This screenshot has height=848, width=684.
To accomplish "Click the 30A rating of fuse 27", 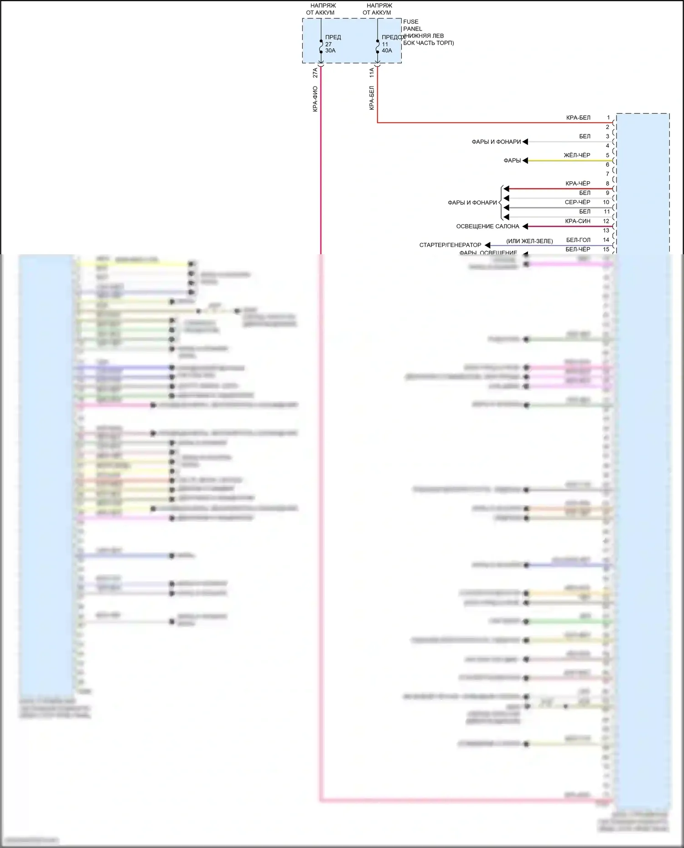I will click(330, 51).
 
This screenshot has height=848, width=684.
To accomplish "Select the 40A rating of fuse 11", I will click(387, 51).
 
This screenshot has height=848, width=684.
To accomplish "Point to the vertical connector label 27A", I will click(315, 73).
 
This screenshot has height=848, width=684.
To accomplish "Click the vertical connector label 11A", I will click(372, 73).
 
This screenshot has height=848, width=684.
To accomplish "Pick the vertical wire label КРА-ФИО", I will click(315, 99).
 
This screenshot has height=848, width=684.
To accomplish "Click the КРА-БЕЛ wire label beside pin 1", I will click(578, 118).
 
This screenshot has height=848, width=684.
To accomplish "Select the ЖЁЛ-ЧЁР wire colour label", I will click(577, 155).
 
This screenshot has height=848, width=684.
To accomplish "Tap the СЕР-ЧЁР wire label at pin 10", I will click(577, 202).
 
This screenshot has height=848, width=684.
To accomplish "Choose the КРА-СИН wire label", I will click(577, 221).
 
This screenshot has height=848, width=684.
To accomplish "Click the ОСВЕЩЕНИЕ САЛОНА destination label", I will click(487, 226).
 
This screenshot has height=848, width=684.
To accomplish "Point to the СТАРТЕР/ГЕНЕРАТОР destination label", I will click(450, 245).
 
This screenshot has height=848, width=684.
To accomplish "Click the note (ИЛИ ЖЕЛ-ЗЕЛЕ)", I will click(529, 241).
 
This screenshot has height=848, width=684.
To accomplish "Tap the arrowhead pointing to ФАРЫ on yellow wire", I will click(525, 160).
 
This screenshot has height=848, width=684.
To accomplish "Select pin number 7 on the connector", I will click(607, 174).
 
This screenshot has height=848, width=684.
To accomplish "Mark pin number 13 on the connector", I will click(606, 231).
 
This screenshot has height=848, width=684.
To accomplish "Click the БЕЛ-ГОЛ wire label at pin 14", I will click(578, 240).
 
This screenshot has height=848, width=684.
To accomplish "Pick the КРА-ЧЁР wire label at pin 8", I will click(578, 184).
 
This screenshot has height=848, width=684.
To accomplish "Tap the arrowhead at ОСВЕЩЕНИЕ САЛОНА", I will click(525, 226).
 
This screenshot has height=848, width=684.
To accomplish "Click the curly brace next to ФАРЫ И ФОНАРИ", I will click(501, 203).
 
